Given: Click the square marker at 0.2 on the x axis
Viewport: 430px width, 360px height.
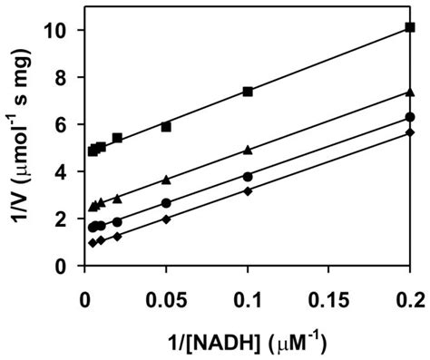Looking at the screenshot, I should [x=410, y=27].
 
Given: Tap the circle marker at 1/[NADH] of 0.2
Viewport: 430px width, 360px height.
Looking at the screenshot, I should [x=410, y=117].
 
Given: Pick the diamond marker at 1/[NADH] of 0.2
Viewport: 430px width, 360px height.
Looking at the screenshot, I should [x=410, y=132].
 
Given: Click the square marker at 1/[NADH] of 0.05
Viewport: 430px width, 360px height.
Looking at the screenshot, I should [x=166, y=127].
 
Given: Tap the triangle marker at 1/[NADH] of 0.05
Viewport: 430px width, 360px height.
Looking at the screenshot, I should [x=166, y=180].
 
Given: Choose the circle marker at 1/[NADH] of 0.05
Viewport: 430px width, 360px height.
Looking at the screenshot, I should [x=166, y=203].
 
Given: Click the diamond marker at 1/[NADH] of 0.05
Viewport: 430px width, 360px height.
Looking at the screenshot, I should [x=166, y=219].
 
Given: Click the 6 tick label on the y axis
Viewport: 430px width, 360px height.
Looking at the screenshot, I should [x=67, y=124].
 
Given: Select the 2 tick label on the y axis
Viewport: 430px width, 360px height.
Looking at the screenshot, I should [x=67, y=219].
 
